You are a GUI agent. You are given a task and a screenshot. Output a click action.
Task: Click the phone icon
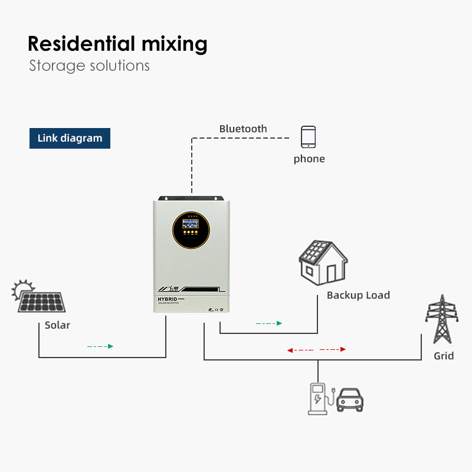(x=308, y=137)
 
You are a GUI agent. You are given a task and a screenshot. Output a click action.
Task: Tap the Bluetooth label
(x=243, y=129)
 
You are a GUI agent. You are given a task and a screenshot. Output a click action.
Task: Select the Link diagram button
(x=70, y=138)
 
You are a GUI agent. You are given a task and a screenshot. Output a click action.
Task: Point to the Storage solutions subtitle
(x=89, y=65)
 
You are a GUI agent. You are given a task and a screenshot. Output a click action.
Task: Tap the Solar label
(x=57, y=325)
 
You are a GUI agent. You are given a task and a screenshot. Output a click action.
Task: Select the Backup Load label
(x=358, y=295)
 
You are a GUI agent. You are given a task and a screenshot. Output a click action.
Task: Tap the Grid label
(x=444, y=356)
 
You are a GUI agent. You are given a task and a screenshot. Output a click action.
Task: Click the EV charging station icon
(x=319, y=399)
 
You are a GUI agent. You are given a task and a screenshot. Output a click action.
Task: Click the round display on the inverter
(x=189, y=225)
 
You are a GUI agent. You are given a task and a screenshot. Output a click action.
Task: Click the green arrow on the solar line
(x=110, y=346)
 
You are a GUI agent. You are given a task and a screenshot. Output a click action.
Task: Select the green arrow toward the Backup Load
(x=279, y=323)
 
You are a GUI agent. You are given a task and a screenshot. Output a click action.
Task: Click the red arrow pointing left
(x=290, y=350)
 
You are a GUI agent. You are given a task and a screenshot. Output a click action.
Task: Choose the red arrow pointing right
(x=343, y=349)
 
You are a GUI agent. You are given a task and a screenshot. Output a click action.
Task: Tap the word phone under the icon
(x=309, y=159)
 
